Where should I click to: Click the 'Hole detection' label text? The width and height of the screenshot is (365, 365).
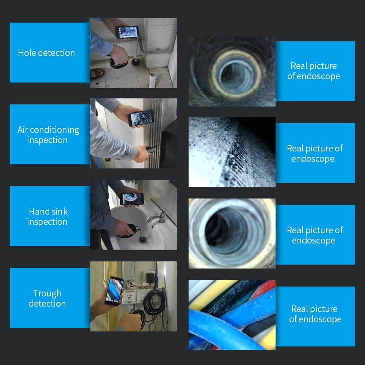coord(46,53)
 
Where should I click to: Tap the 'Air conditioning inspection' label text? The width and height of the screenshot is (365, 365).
coord(48,135)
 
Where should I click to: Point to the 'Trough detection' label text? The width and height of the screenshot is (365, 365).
coord(47,298)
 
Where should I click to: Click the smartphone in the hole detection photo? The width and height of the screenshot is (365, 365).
coord(127,32)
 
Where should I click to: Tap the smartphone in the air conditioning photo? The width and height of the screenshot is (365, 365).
coord(141,118)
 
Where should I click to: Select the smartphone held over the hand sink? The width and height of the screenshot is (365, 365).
coord(132,199)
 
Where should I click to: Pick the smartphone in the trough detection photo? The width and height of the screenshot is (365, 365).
coord(114,291)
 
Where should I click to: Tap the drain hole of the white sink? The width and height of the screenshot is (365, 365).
coord(143,239)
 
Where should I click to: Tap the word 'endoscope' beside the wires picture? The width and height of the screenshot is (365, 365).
coord(315,319)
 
